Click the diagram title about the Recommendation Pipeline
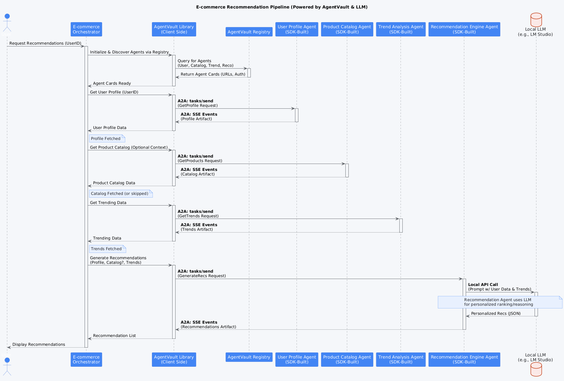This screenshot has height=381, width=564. [x=282, y=7]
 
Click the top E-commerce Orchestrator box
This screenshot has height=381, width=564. [x=86, y=29]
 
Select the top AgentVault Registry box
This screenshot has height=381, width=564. [x=249, y=32]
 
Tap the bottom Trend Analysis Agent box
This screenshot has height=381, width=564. [x=401, y=359]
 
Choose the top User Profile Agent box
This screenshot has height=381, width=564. [x=297, y=29]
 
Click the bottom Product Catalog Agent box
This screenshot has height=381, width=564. [x=347, y=359]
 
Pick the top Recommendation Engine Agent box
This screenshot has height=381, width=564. [x=464, y=29]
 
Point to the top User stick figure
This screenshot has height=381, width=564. [x=7, y=23]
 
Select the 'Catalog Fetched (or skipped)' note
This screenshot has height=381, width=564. [x=120, y=194]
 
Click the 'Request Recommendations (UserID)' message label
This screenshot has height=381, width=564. [x=45, y=43]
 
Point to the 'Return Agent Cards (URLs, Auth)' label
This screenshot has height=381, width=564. [x=213, y=74]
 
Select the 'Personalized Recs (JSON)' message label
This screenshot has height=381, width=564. [x=496, y=314]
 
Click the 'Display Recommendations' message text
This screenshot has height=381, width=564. [x=39, y=345]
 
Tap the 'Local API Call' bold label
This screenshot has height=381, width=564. [x=483, y=285]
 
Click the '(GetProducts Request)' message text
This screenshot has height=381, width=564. [x=200, y=161]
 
